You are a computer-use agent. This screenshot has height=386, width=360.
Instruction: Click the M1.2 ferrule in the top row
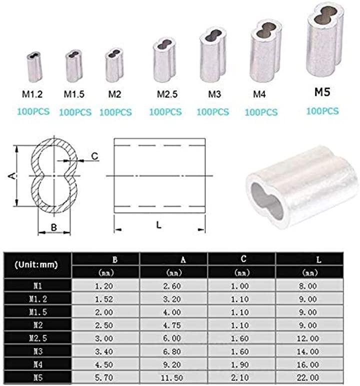pos(34,67)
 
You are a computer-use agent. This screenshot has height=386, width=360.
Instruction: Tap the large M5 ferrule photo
pos(325,39)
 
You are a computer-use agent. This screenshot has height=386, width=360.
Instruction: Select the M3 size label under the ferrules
pos(214,94)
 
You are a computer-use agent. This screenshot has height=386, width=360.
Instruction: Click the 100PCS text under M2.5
pos(165,112)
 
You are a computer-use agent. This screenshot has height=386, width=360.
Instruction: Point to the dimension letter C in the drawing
pos(94,156)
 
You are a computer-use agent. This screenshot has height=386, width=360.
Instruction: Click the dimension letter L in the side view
pos(159,225)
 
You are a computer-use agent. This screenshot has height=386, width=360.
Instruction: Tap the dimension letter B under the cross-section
pos(54,228)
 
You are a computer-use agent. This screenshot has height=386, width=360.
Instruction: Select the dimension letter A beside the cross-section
pos(12,176)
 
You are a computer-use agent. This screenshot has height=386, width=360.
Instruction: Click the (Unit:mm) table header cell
pos(36,265)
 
